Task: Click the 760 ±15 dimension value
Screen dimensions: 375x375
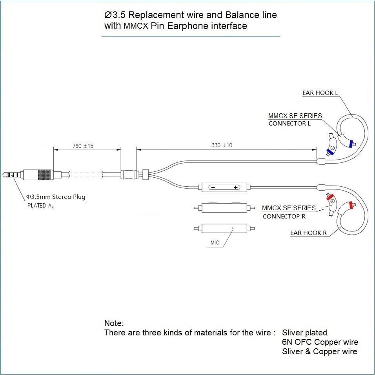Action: tap(83, 146)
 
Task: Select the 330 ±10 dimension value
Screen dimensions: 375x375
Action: tap(222, 145)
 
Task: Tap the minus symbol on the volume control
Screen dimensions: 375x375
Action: tap(213, 187)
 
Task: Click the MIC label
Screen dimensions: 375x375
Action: tap(215, 243)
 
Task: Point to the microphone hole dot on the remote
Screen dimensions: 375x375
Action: tap(233, 228)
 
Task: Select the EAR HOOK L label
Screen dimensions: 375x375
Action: tap(320, 93)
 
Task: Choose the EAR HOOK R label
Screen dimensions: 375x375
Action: tap(309, 233)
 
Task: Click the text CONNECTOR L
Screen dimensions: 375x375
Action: tap(289, 124)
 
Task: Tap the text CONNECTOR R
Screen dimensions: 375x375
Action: tap(284, 217)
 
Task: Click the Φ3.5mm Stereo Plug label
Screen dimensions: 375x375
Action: tap(56, 197)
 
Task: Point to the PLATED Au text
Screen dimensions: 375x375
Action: tap(41, 206)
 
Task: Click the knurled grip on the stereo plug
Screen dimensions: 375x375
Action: tap(44, 175)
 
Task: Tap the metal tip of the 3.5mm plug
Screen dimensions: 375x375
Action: tap(5, 175)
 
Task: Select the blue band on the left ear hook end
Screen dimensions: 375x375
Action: tap(351, 144)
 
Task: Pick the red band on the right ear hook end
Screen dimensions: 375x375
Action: tap(351, 205)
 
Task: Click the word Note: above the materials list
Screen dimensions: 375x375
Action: tap(114, 323)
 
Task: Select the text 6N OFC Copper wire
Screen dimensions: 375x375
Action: tap(320, 342)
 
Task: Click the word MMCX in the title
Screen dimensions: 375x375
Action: tap(136, 26)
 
